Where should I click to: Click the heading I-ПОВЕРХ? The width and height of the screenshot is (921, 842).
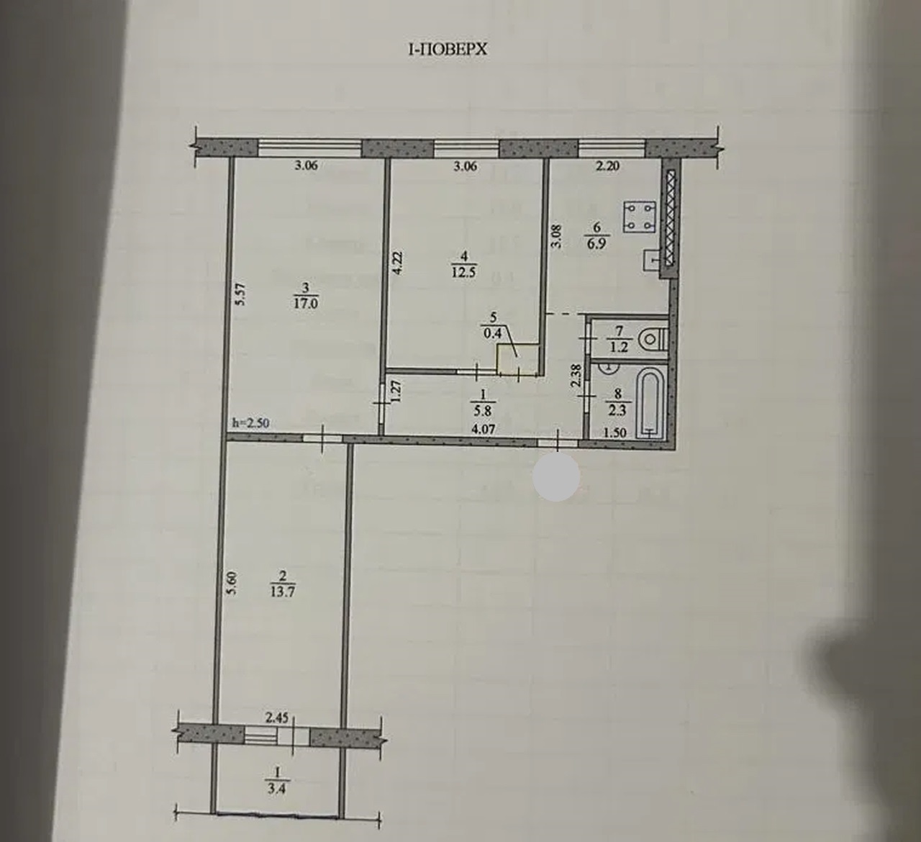[x=448, y=50]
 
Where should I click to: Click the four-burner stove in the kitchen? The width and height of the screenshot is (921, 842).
[x=640, y=216]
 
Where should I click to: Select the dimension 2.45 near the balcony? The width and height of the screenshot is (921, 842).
[x=276, y=717]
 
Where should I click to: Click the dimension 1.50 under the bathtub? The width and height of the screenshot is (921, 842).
[x=615, y=433]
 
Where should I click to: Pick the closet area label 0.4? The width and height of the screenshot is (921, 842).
[x=493, y=333]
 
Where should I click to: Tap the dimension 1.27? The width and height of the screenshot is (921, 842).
[x=395, y=392]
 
